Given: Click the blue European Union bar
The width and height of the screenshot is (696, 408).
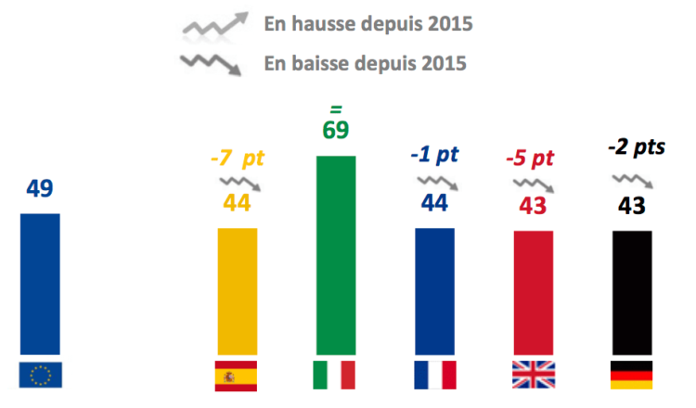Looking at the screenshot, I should [x=40, y=282].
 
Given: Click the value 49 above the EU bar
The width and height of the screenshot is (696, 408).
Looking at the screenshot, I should [x=40, y=189].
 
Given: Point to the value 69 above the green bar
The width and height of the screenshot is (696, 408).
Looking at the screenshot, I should [x=336, y=129].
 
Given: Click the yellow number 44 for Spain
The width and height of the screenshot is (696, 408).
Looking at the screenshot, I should [x=238, y=201].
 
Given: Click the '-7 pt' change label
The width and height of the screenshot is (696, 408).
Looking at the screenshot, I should [x=238, y=158].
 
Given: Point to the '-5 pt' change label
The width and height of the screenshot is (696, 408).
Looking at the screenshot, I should [x=530, y=158].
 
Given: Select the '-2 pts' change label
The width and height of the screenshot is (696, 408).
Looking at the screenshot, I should [x=637, y=147].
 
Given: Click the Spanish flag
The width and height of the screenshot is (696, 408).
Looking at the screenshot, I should [x=237, y=375].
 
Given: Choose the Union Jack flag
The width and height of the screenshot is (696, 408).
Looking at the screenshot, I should [x=533, y=375].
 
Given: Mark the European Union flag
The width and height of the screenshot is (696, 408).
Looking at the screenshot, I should [x=40, y=375].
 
